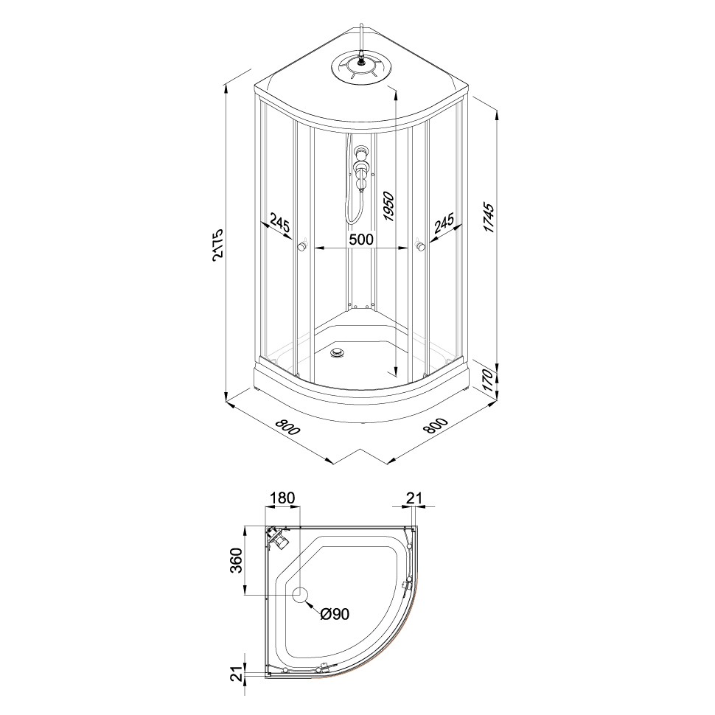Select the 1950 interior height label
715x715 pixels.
tap(388, 206)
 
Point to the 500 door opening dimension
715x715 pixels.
tap(361, 239)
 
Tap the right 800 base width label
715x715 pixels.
tap(436, 425)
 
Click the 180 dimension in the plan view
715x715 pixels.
tap(283, 498)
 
